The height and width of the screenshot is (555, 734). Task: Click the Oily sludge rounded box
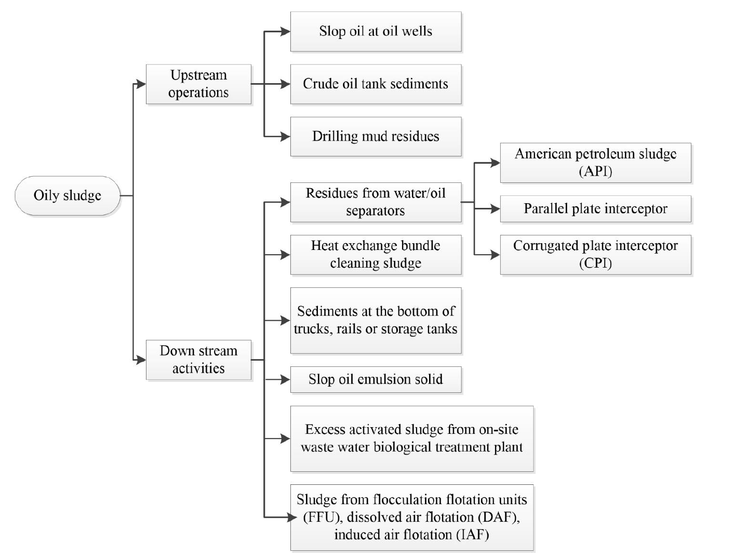67,196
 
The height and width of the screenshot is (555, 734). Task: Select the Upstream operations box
198,84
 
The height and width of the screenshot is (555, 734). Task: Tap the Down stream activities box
198,360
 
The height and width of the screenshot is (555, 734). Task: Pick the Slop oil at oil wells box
376,32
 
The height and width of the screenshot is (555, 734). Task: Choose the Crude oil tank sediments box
376,84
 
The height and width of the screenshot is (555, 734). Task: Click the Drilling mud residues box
376,137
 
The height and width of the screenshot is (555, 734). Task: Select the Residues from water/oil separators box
376,202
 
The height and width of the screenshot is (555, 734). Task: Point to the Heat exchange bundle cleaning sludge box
376,255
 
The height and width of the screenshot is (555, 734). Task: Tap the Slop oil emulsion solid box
376,379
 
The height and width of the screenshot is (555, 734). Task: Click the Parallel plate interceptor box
595,209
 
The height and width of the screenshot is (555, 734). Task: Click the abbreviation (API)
595,171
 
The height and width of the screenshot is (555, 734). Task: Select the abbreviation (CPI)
595,263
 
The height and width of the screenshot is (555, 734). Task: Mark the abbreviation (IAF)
473,535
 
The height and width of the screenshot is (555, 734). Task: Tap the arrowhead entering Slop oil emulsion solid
285,379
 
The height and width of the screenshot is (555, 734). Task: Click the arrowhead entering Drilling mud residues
285,137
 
